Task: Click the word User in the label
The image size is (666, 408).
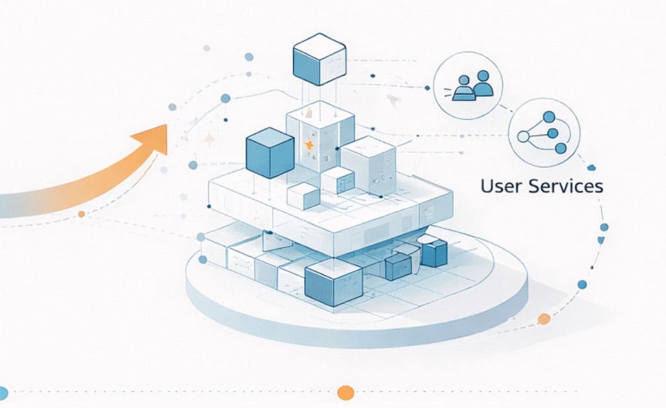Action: [496, 186]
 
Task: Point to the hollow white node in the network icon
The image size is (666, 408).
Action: [522, 136]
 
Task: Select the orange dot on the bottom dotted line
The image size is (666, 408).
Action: [346, 392]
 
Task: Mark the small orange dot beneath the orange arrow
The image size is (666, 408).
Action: [81, 214]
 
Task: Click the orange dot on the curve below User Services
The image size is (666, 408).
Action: [544, 318]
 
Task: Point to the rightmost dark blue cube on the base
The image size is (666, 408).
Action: [434, 252]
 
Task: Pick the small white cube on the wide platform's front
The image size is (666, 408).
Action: [304, 196]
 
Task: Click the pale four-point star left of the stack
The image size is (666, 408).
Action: [209, 138]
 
